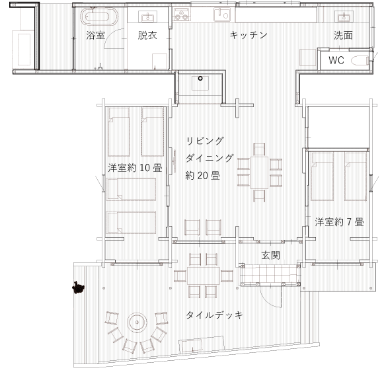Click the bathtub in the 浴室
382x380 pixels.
point(99,17)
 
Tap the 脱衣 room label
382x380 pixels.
point(147,35)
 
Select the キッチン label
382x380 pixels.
point(248,35)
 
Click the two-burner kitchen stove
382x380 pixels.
point(182,14)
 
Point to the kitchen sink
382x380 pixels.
point(222,14)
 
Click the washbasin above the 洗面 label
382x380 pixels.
point(344,17)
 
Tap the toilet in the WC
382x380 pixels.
point(360,61)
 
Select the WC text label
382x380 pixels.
point(336,60)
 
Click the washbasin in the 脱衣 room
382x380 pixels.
point(146,17)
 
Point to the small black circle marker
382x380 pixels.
point(200,79)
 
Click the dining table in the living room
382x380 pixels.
point(260,172)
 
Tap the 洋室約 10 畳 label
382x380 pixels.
point(135,168)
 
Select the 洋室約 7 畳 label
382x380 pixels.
point(339,222)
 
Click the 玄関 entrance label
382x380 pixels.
point(270,255)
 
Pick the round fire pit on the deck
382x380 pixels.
point(137,323)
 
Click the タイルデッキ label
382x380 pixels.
point(214,315)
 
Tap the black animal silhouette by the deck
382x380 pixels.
point(78,287)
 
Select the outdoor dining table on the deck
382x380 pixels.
point(204,276)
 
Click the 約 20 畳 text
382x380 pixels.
point(203,175)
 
